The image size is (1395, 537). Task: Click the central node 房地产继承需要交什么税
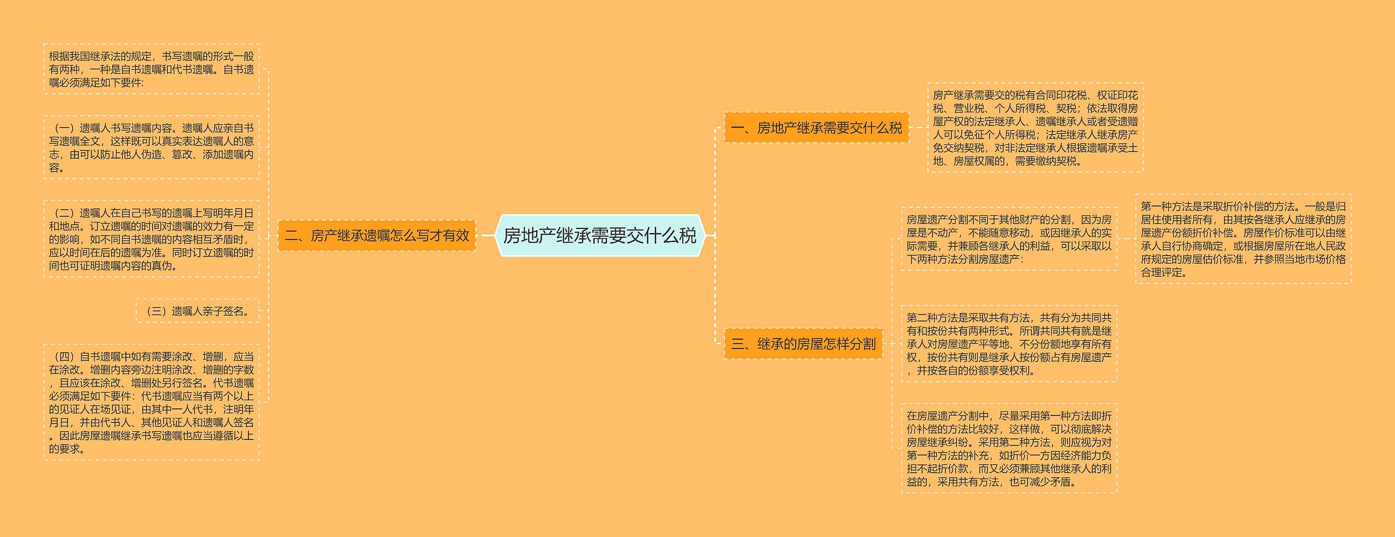point(599,236)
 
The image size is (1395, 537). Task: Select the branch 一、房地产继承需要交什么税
point(816,128)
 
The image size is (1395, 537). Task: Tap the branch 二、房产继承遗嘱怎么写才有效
point(377,236)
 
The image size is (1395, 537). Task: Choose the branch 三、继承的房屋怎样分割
point(803,343)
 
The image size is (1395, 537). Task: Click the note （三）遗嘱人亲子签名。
point(197,311)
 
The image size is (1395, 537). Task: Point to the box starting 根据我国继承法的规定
point(151,69)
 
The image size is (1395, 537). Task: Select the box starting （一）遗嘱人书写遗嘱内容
point(151,147)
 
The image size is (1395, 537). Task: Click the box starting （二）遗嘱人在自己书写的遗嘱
point(151,239)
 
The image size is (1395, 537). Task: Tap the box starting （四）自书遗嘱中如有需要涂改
point(151,402)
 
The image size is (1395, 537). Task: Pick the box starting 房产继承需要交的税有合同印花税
point(1035,128)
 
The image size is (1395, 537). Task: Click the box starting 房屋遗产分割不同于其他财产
point(1009,239)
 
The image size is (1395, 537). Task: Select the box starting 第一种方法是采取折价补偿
point(1243,239)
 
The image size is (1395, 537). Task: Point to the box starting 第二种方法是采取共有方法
point(1009,343)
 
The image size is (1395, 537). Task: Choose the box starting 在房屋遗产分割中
point(1009,448)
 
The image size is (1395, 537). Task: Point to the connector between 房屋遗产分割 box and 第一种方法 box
point(1126,239)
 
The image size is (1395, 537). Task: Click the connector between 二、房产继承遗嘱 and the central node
point(487,236)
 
